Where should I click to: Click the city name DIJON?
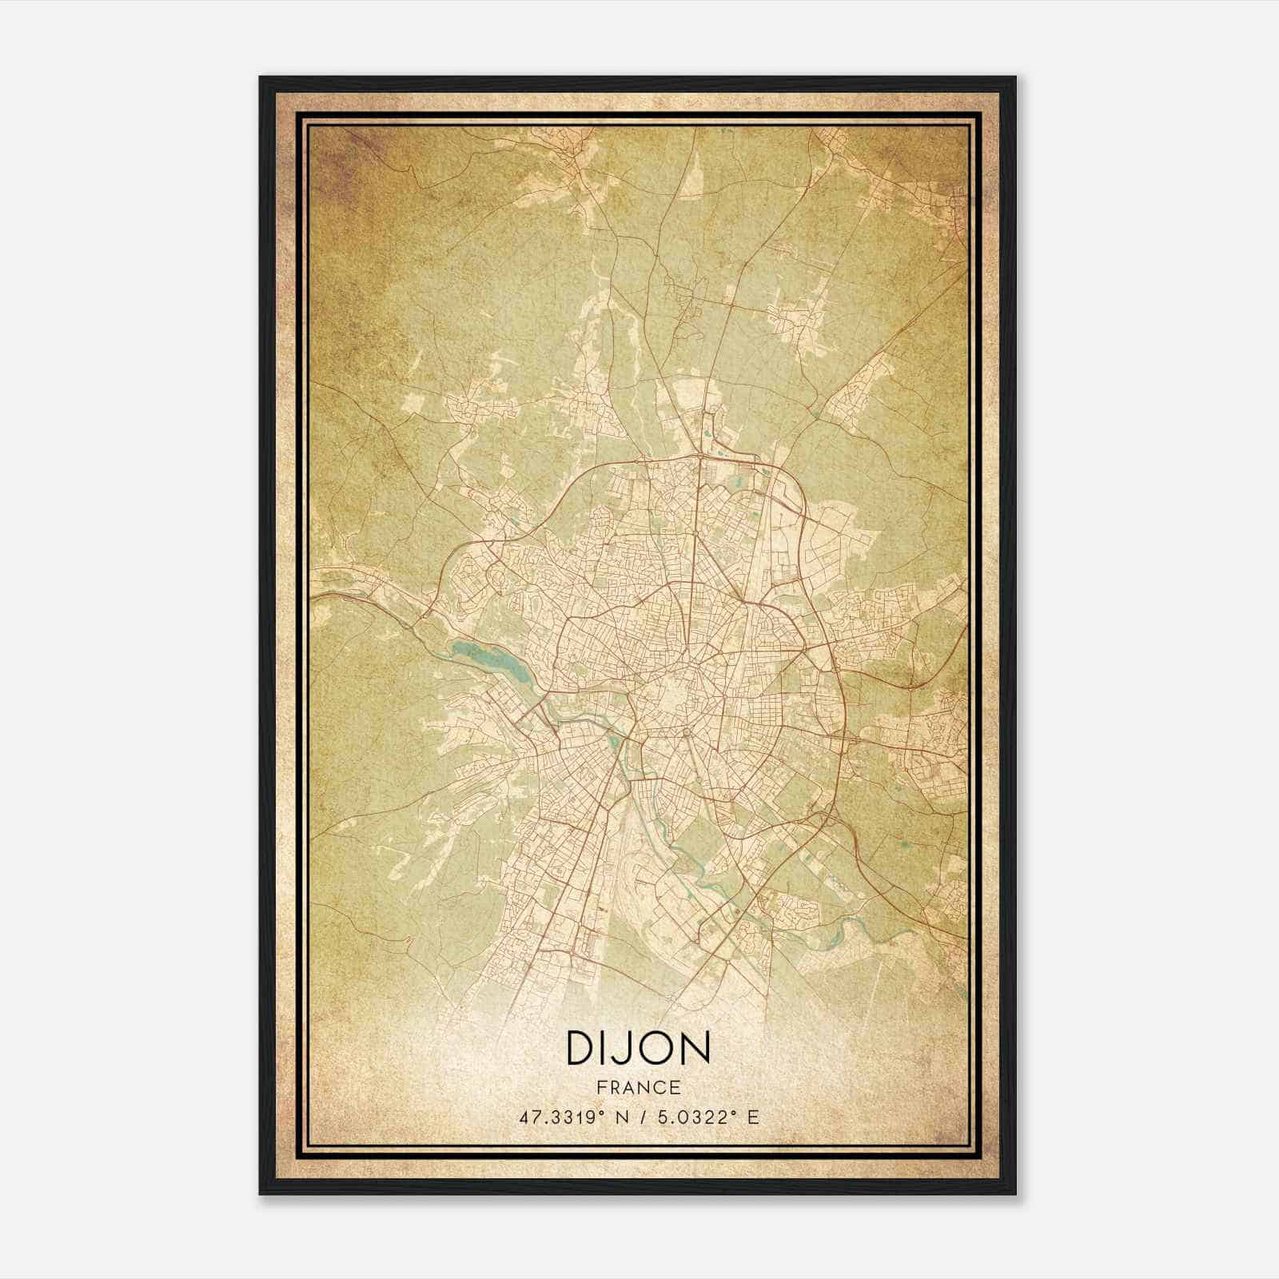click(x=638, y=1048)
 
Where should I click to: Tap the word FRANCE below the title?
click(x=638, y=1088)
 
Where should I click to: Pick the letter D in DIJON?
click(x=581, y=1048)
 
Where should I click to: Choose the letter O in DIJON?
click(x=657, y=1048)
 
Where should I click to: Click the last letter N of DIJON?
click(x=695, y=1048)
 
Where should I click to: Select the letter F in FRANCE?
click(x=600, y=1088)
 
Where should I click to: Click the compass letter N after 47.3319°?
click(x=624, y=1118)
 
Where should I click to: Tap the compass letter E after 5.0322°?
click(x=752, y=1118)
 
